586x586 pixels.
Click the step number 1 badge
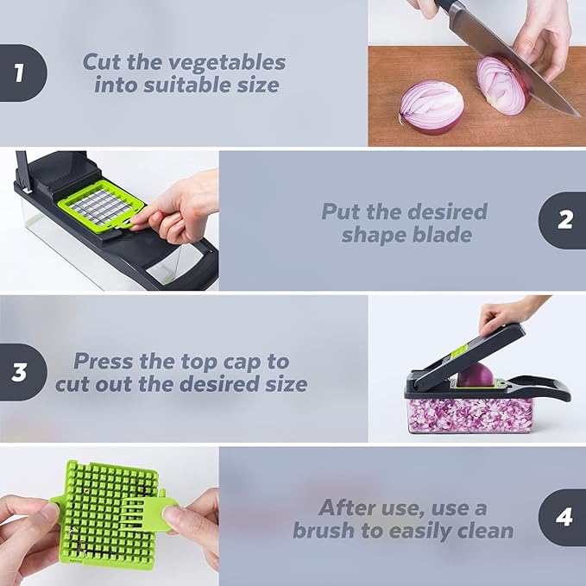pos(20,73)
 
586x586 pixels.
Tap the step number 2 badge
pos(564,221)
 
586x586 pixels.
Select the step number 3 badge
pos(20,372)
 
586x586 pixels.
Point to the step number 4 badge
pos(564,518)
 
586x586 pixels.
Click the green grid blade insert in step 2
pos(102,205)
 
